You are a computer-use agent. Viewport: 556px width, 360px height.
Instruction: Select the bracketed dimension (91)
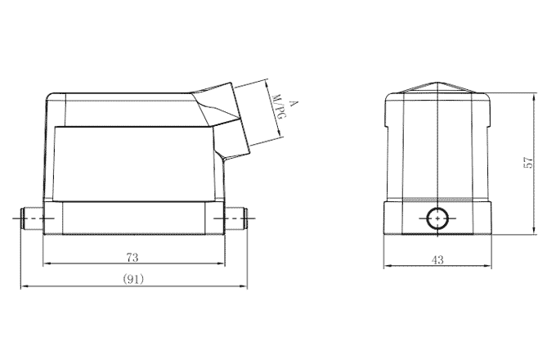[133, 279]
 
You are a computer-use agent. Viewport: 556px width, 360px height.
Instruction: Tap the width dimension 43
[437, 259]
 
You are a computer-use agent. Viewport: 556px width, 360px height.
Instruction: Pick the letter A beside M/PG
[293, 103]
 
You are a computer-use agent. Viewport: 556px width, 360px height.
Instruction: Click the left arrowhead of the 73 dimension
[45, 264]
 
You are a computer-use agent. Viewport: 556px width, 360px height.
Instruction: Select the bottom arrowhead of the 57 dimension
[535, 233]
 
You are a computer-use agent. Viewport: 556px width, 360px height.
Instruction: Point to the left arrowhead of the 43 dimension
[386, 266]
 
